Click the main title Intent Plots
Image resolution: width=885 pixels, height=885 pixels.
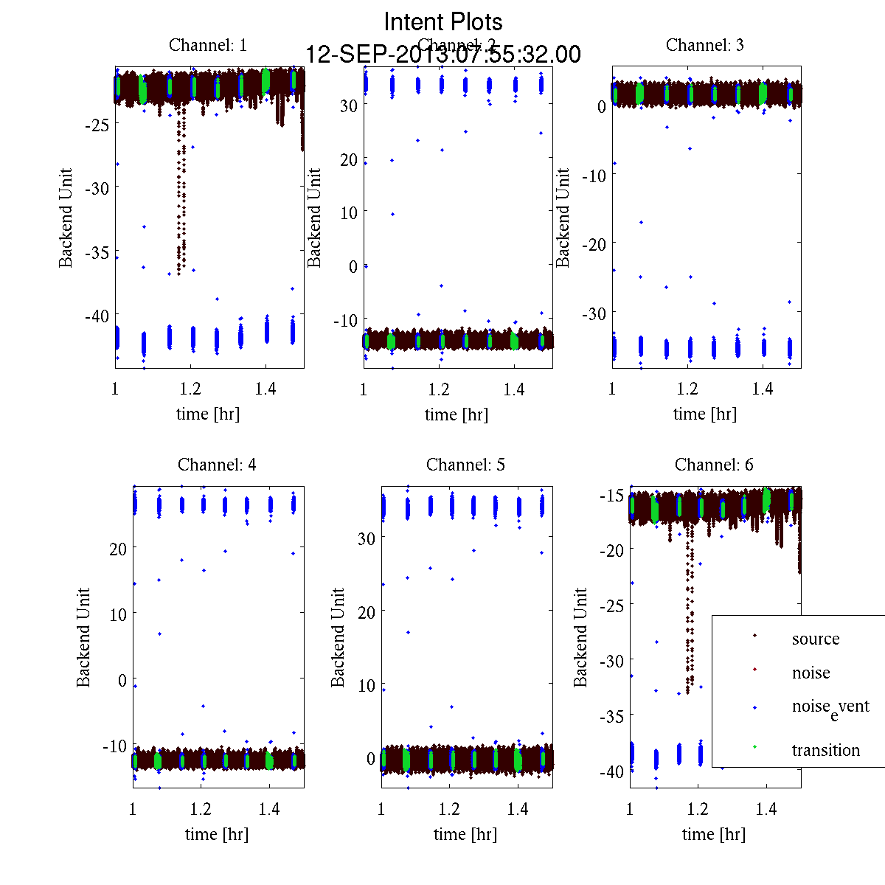click(443, 21)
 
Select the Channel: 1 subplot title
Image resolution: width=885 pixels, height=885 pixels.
click(207, 45)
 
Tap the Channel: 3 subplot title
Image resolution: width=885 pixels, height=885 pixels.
click(704, 45)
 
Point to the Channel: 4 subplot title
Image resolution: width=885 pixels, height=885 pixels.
click(217, 465)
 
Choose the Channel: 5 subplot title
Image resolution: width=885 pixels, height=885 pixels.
click(465, 465)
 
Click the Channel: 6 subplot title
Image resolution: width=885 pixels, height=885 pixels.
click(714, 465)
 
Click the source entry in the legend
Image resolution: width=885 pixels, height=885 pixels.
click(815, 639)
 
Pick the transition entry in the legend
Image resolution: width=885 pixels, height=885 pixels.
click(825, 751)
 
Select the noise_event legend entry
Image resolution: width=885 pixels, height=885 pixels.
click(830, 707)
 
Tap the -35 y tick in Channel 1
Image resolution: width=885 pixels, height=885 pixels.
click(97, 253)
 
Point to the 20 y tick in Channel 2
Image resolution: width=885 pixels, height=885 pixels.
click(349, 160)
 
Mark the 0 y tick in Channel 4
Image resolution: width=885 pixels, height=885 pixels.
click(122, 681)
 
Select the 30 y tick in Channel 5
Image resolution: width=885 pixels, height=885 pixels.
click(367, 539)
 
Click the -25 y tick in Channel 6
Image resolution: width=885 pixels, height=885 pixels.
click(614, 605)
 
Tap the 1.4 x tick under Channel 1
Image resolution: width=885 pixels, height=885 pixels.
click(265, 389)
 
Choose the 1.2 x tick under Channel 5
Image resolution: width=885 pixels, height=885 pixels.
click(449, 810)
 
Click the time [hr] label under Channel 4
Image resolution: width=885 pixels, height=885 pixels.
click(217, 834)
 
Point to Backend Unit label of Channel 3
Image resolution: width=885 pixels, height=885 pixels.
click(563, 218)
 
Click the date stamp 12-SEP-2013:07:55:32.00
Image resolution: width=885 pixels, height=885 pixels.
click(443, 55)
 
